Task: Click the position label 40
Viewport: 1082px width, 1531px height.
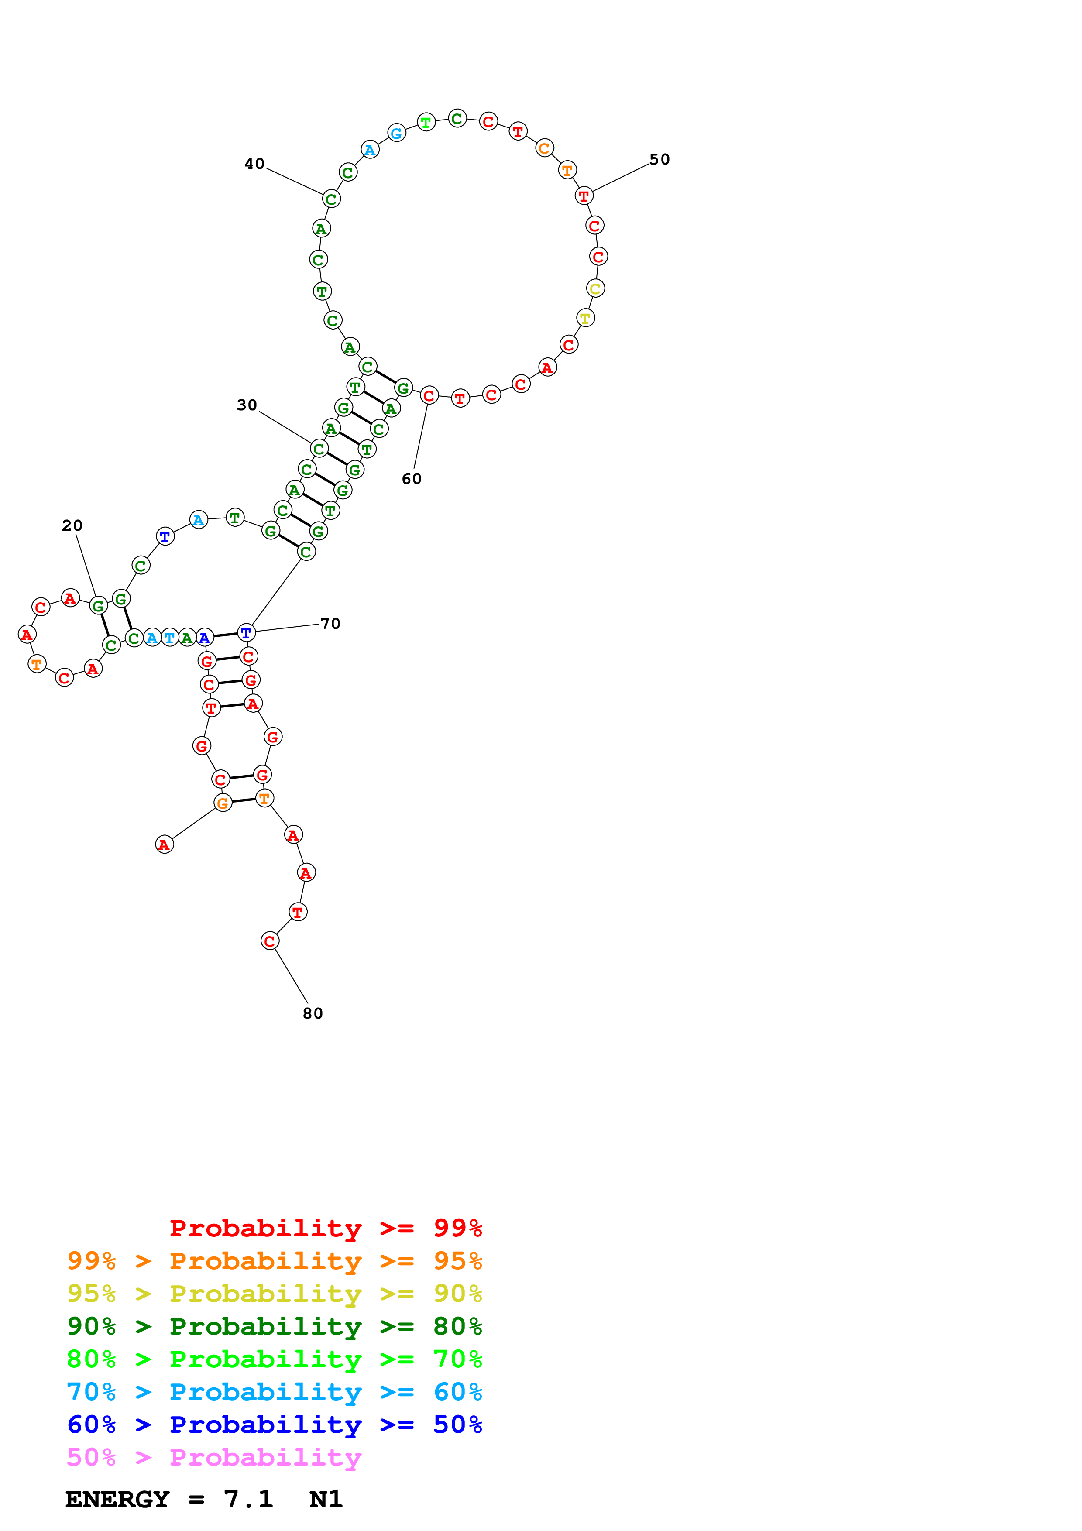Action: coord(254,164)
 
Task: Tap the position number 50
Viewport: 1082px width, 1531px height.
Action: coord(660,159)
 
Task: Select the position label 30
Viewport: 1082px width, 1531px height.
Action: coord(247,405)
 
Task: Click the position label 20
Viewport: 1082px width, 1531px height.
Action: coord(72,525)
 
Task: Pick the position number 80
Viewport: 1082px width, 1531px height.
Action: coord(313,1013)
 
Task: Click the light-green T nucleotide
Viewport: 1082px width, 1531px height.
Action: coord(426,123)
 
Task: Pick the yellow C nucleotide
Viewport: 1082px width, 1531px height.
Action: coord(595,289)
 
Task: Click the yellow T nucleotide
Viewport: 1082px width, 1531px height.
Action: coord(585,318)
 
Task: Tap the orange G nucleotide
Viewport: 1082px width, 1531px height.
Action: coord(223,803)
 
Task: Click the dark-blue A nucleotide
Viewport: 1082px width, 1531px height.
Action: coord(205,638)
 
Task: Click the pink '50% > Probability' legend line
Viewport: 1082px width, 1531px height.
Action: coord(214,1458)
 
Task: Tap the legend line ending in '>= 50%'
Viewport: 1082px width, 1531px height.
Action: coord(274,1425)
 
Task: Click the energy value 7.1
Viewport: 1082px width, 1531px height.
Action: coord(248,1499)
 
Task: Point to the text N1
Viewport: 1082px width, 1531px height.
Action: coord(326,1499)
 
